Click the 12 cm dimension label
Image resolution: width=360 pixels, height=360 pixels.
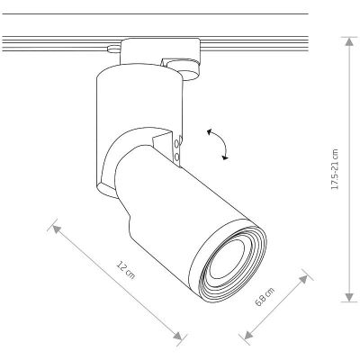[126, 270]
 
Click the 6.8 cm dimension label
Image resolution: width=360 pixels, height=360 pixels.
[265, 297]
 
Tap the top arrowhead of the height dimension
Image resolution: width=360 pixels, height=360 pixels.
[349, 41]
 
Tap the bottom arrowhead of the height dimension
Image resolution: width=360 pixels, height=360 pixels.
[349, 297]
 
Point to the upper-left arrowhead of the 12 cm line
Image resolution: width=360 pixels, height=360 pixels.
[57, 229]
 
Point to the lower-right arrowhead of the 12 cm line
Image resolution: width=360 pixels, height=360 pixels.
[178, 336]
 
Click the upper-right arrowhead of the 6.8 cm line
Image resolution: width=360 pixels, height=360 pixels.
[303, 279]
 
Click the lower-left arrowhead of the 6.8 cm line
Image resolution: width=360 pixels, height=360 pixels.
[248, 334]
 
